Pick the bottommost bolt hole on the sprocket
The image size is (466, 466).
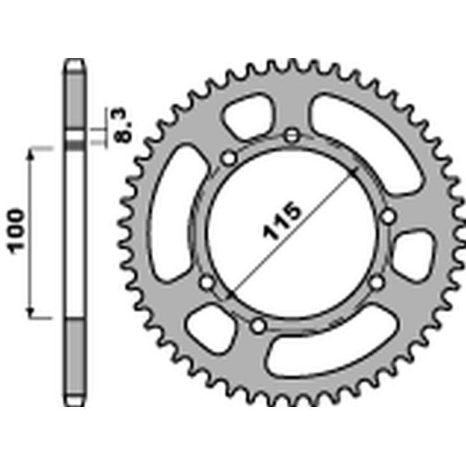click(x=257, y=326)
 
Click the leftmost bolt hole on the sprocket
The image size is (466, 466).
click(x=207, y=283)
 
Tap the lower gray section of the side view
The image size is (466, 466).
click(x=75, y=361)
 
